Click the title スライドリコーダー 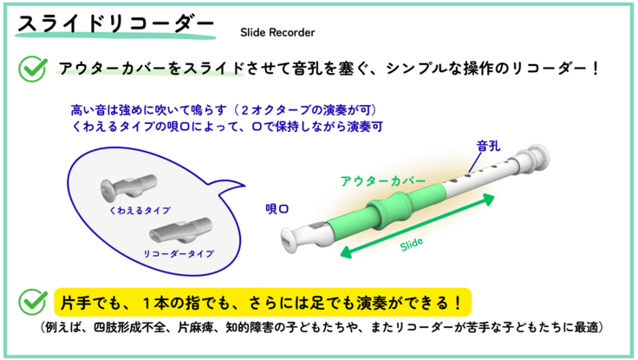[115, 24]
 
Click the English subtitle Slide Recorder [277, 33]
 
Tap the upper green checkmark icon [33, 69]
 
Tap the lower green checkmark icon [33, 302]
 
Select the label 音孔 [488, 146]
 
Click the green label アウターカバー [383, 180]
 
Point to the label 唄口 [277, 209]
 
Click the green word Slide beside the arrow [412, 244]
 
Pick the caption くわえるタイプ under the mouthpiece [140, 211]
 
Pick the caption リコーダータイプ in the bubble [179, 253]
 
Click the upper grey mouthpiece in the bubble [128, 187]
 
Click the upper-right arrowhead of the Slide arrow [488, 200]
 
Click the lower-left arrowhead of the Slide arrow [347, 252]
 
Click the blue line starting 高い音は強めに [224, 110]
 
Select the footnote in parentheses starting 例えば [322, 328]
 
